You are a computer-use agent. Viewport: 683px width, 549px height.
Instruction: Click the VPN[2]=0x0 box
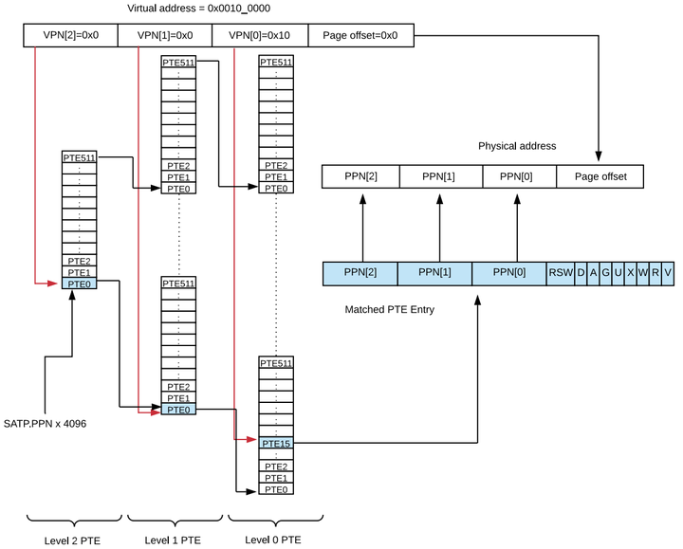click(x=70, y=35)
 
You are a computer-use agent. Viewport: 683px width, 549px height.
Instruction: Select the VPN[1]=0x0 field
click(x=165, y=35)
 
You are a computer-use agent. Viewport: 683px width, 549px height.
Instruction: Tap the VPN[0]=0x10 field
click(x=260, y=35)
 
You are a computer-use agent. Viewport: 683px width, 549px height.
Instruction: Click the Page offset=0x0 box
click(x=361, y=35)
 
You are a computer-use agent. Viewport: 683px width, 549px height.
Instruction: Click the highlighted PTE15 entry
click(x=275, y=443)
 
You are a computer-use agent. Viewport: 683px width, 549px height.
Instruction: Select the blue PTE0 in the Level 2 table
click(x=81, y=284)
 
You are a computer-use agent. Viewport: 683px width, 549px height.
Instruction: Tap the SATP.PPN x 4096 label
click(x=46, y=423)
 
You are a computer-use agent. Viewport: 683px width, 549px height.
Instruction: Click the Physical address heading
click(x=516, y=146)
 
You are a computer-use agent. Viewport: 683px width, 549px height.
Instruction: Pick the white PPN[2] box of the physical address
click(x=360, y=175)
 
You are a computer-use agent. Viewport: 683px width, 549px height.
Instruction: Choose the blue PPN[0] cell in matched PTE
click(x=508, y=273)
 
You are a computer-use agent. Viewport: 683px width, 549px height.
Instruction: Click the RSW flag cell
click(x=560, y=273)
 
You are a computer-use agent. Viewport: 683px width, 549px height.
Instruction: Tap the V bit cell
click(x=668, y=273)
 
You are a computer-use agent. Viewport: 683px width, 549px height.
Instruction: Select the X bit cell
click(x=630, y=273)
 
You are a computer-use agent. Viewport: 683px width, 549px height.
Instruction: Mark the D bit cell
click(x=580, y=273)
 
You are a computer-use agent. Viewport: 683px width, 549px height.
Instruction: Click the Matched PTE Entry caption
click(x=389, y=309)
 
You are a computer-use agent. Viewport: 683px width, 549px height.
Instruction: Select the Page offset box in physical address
click(x=600, y=175)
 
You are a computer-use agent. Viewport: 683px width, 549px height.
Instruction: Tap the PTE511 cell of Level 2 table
click(x=81, y=157)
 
